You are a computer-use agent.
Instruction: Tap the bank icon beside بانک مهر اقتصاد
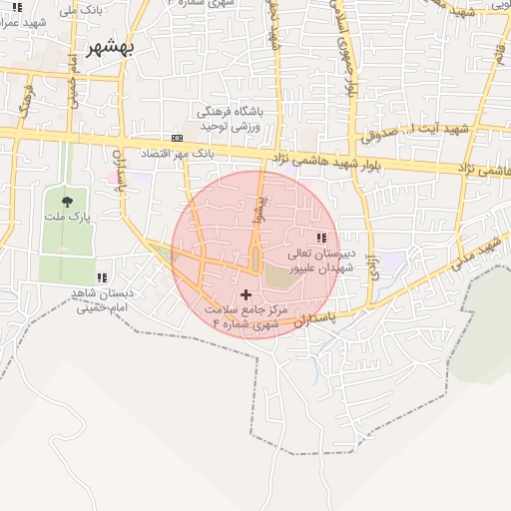pos(177,138)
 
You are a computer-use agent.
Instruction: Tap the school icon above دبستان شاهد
pos(101,277)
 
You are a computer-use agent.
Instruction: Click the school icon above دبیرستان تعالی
pos(320,238)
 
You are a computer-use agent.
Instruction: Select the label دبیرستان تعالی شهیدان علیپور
pos(318,261)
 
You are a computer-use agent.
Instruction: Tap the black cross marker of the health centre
pos(247,294)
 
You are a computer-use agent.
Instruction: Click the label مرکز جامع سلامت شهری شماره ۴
pos(247,317)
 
